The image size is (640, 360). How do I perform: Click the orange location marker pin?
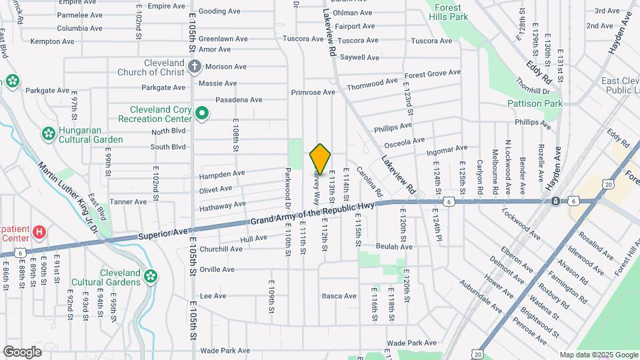coord(321,159)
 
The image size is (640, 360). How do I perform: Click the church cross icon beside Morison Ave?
coord(194,66)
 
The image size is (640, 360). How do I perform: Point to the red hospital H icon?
coord(40,233)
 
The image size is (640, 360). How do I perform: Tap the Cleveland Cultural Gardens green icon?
coord(151,275)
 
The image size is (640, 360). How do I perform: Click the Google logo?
coord(23,351)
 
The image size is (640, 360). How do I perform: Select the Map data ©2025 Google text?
coord(598,355)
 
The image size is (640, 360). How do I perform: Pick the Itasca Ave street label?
coord(339,296)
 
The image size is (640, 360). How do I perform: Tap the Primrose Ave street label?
coord(313,92)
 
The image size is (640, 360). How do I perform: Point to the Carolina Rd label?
coord(369,181)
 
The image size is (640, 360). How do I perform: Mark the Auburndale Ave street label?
coord(480,296)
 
